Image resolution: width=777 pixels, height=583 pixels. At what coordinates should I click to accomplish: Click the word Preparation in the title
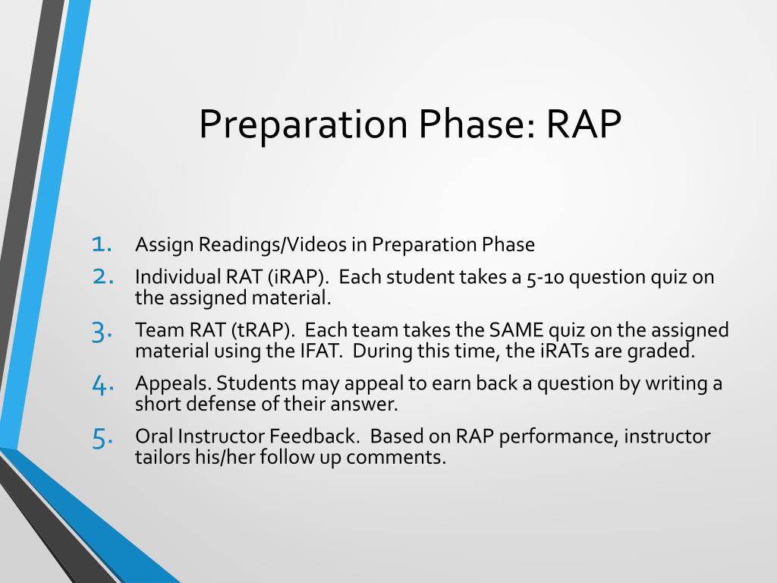(304, 125)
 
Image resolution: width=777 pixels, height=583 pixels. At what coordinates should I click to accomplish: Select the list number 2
(103, 276)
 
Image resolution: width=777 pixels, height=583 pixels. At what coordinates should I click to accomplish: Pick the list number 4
(102, 385)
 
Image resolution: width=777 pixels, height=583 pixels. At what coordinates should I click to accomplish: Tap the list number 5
(102, 438)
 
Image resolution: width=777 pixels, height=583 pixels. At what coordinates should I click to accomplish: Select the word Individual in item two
(178, 276)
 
